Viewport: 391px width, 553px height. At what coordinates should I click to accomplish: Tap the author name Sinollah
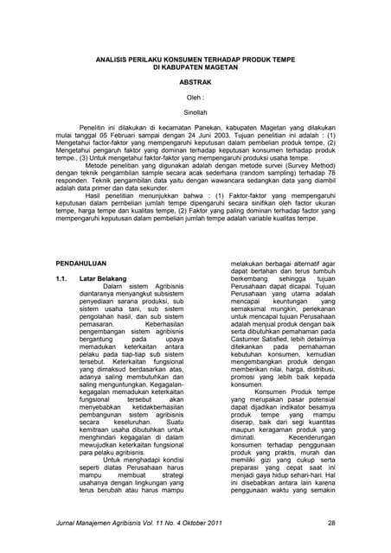point(195,111)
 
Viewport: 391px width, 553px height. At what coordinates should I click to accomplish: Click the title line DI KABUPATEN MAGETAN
point(195,65)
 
